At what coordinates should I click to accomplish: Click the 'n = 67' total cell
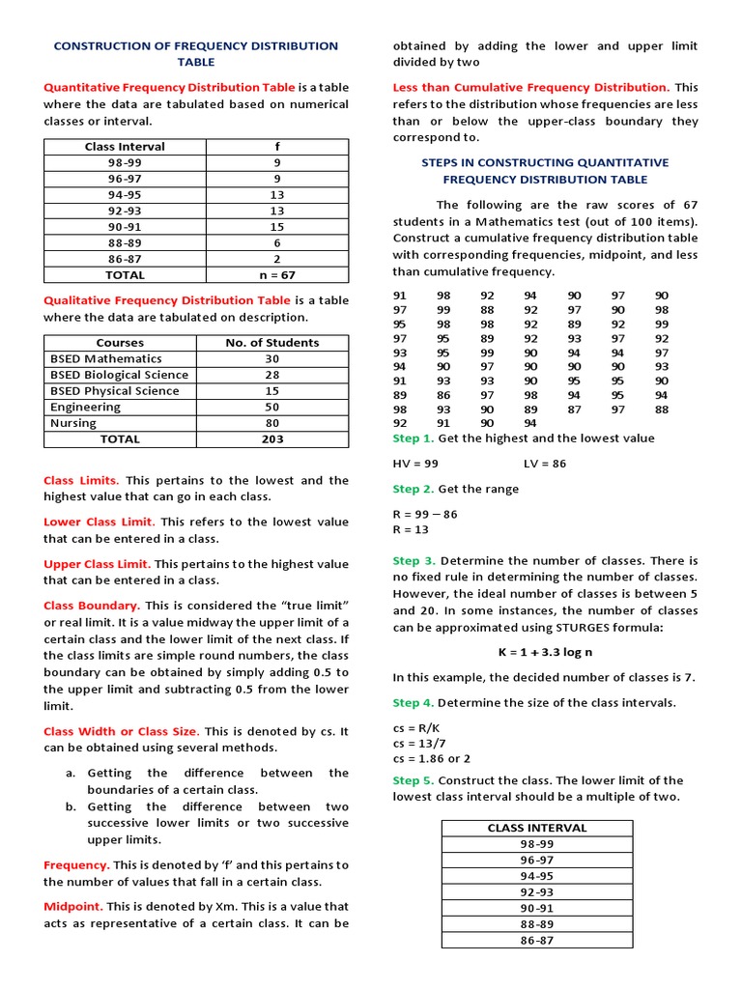tap(276, 274)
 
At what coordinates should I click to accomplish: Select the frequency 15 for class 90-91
tap(276, 226)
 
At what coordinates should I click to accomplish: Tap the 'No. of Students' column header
tap(271, 342)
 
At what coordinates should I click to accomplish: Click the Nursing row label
tap(73, 423)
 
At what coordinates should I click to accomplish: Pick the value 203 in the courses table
tap(271, 438)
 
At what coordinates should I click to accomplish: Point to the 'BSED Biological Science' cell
tap(119, 375)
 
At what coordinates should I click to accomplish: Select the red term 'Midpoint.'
tap(73, 906)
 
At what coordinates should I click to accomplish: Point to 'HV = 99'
tap(415, 463)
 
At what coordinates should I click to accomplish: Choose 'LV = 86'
tap(545, 463)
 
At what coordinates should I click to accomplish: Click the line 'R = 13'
tap(411, 529)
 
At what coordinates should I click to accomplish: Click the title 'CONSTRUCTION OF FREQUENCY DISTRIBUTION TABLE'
tap(195, 53)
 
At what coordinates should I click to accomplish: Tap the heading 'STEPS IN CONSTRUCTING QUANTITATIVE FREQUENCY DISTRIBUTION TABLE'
tap(545, 171)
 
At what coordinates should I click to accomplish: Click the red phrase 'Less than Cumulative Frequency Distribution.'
tap(530, 87)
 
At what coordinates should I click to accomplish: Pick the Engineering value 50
tap(271, 407)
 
